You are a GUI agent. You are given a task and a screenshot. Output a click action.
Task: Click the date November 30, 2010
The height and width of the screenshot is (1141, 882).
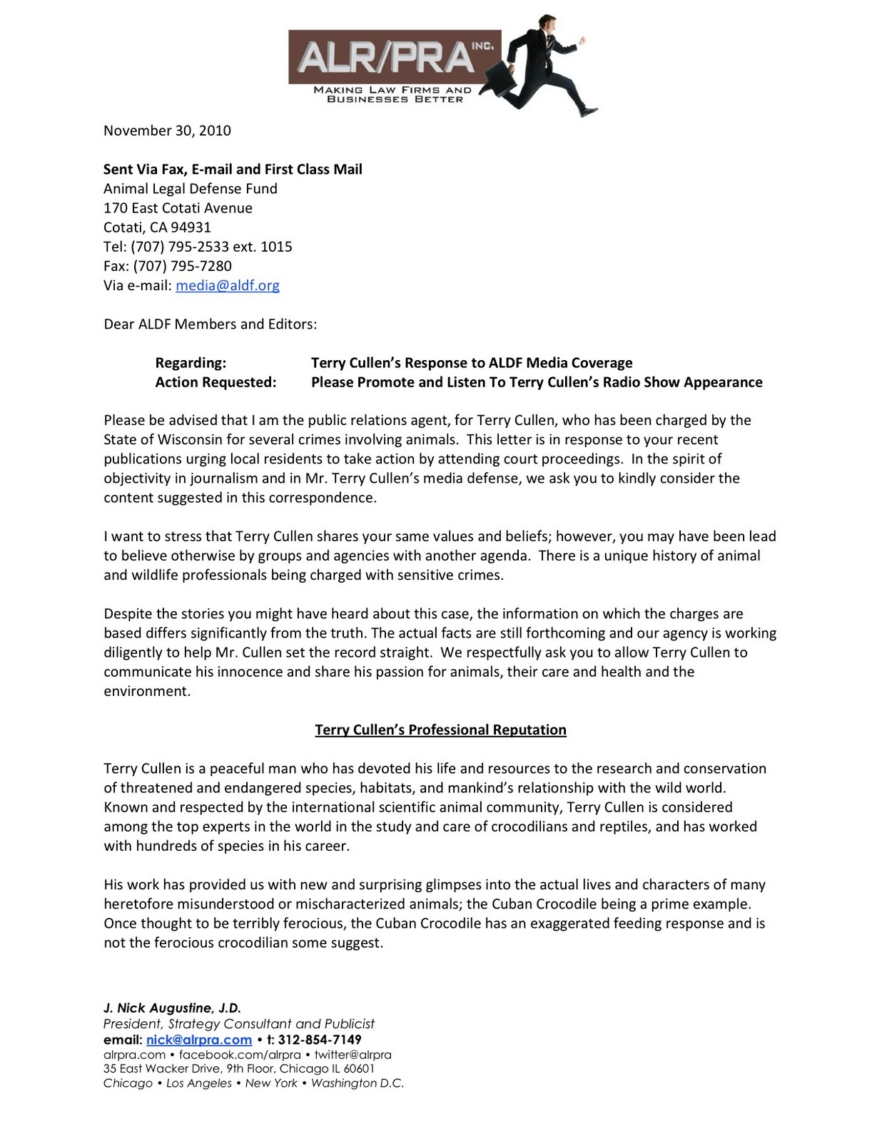[x=167, y=131]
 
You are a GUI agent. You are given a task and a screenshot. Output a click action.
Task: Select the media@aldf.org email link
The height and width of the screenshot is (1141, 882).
[x=228, y=285]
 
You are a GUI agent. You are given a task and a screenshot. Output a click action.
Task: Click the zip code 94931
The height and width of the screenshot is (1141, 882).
[x=191, y=227]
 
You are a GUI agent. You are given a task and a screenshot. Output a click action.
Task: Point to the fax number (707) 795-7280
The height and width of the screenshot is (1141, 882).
[x=182, y=266]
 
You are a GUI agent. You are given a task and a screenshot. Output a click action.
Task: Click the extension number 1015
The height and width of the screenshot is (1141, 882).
[x=276, y=247]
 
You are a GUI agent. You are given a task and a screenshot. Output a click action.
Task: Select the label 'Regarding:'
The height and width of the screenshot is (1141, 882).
[x=191, y=363]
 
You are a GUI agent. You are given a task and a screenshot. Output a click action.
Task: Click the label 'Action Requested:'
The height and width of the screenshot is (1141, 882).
[x=216, y=382]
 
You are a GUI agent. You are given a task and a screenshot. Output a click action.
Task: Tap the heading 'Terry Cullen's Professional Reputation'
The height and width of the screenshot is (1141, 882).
[x=440, y=730]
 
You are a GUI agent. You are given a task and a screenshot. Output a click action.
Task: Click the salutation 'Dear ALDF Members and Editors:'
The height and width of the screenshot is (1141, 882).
[x=210, y=324]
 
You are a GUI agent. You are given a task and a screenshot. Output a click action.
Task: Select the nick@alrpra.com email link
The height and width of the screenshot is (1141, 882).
[x=199, y=1040]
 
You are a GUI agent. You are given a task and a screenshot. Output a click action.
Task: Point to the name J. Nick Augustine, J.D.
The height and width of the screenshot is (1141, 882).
[x=172, y=1008]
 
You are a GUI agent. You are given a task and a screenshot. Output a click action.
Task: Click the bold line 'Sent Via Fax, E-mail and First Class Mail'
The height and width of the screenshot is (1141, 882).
[x=233, y=169]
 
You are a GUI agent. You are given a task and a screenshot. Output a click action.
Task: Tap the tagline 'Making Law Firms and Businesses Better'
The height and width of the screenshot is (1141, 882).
[x=393, y=95]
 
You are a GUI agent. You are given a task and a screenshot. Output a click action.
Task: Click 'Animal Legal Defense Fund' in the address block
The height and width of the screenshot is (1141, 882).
[x=190, y=189]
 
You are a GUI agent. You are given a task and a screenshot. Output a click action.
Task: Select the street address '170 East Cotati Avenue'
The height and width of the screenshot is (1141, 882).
[x=178, y=208]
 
